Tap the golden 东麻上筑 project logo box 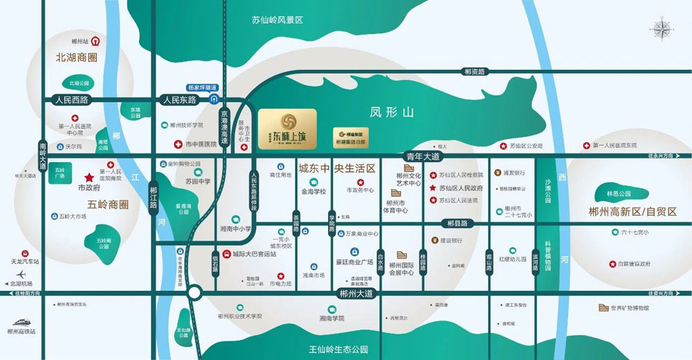point(286,128)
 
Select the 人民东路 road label point(179,100)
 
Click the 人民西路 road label point(72,100)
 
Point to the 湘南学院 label point(331,318)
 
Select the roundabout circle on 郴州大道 point(194,294)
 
